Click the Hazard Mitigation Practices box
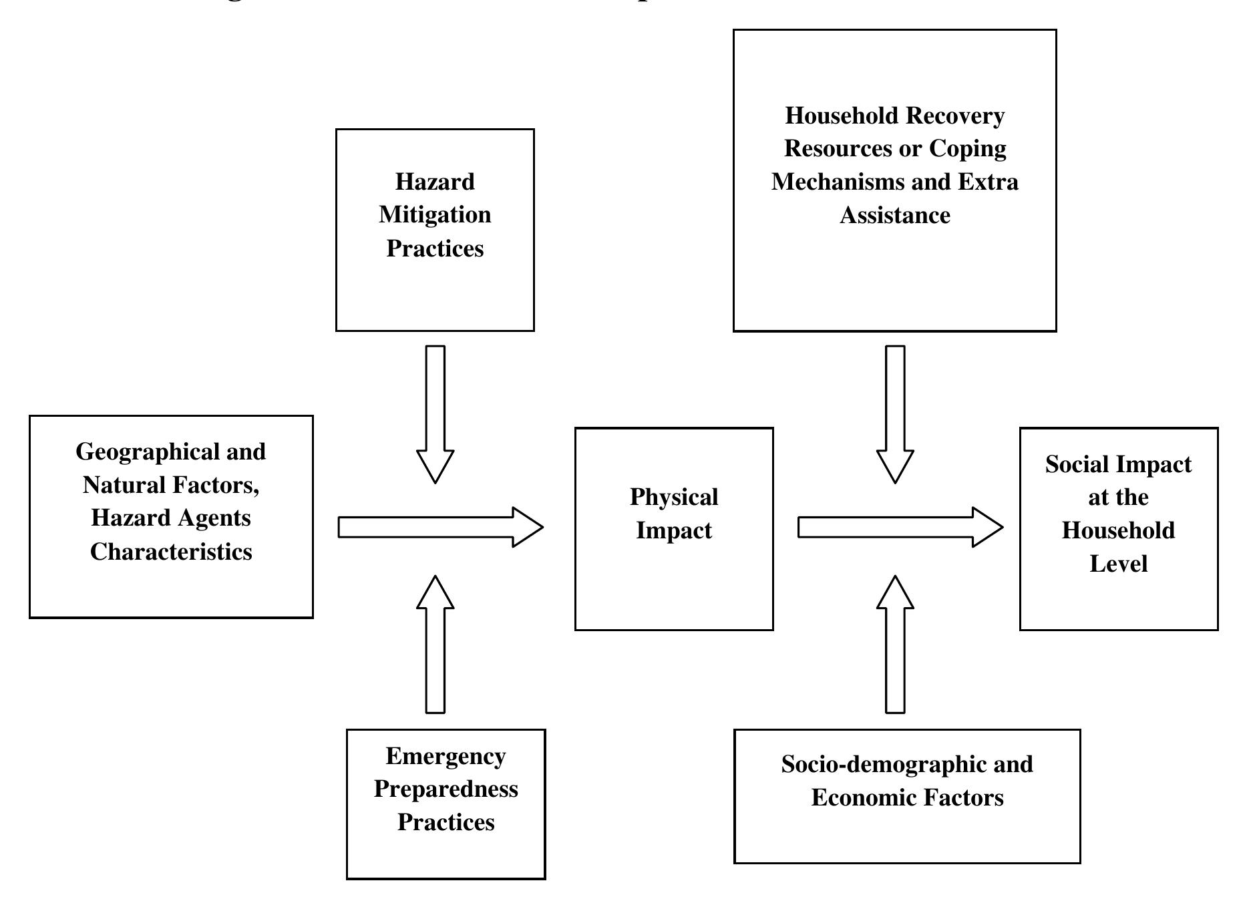(x=435, y=229)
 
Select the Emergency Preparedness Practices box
(x=446, y=803)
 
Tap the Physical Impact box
(x=673, y=528)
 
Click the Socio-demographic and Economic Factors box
(x=906, y=795)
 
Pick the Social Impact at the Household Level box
(x=1118, y=528)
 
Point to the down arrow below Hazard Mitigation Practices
(x=435, y=413)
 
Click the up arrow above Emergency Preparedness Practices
(x=435, y=644)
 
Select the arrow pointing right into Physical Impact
(x=440, y=527)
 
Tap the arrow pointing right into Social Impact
(x=900, y=527)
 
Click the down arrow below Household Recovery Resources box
(x=895, y=413)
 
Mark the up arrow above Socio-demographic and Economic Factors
(x=895, y=644)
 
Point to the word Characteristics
(x=171, y=552)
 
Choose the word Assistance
(x=894, y=215)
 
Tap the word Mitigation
(x=435, y=215)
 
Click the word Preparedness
(x=446, y=789)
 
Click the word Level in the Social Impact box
(x=1118, y=564)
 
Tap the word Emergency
(x=446, y=756)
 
